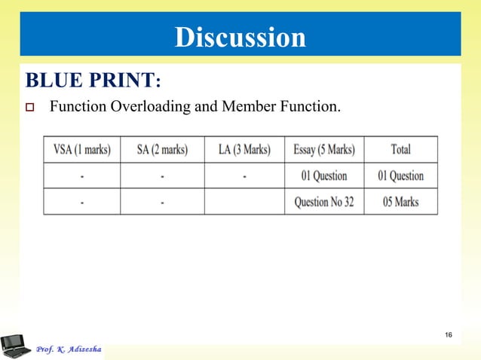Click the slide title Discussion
click(240, 37)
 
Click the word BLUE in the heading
click(56, 81)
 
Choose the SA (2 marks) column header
click(162, 149)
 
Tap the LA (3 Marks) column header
click(244, 149)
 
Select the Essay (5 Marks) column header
click(324, 149)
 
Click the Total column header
click(400, 149)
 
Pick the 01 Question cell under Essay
click(324, 175)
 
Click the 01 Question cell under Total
click(400, 175)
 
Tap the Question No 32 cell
click(324, 202)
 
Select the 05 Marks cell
click(400, 202)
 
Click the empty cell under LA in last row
click(244, 202)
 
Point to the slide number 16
click(449, 335)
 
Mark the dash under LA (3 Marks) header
click(244, 176)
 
